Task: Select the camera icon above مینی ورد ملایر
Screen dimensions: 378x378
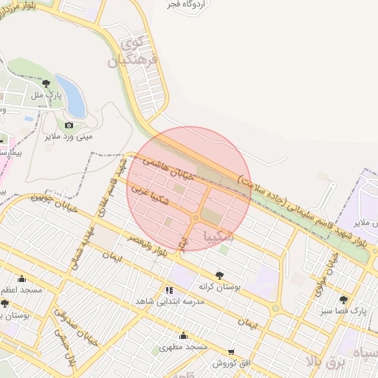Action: (69, 125)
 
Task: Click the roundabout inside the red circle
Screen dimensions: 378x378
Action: (196, 219)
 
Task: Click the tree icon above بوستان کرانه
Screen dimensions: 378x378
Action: (219, 275)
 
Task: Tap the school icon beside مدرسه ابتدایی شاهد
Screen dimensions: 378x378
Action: (169, 291)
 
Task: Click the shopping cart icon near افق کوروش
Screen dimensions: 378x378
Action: (231, 352)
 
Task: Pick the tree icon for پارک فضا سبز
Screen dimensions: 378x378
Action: (343, 299)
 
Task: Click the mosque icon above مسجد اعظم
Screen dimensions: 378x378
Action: (21, 279)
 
